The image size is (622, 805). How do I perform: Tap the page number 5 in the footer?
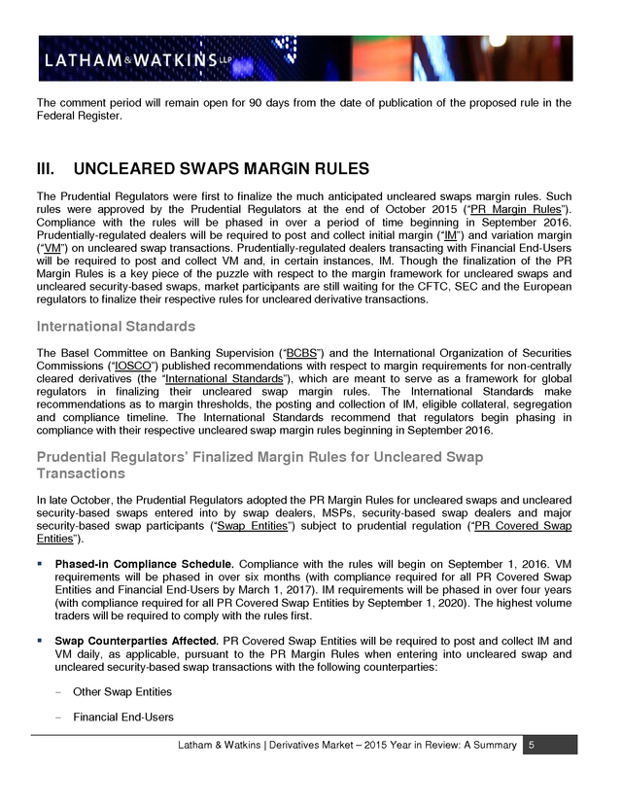(531, 745)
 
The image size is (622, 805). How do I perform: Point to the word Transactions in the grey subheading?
(81, 473)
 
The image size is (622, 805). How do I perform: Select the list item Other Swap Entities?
(122, 691)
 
